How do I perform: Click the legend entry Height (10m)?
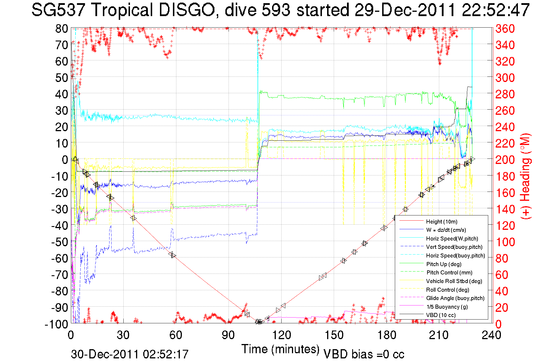[442, 221]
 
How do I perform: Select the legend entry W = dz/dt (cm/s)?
[446, 230]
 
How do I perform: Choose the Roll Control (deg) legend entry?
[448, 290]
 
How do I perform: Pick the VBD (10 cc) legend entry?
[441, 315]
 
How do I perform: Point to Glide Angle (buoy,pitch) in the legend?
[455, 298]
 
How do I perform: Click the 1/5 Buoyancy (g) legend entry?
[447, 307]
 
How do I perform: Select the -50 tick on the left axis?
[59, 242]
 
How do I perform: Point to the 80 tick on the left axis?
[61, 28]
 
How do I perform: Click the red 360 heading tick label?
[505, 28]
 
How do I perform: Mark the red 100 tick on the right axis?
[505, 242]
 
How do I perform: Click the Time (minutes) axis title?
[280, 349]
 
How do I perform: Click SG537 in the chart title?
[58, 10]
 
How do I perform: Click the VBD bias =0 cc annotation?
[364, 354]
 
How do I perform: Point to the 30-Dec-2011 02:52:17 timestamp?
[130, 354]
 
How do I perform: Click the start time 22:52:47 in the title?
[495, 10]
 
